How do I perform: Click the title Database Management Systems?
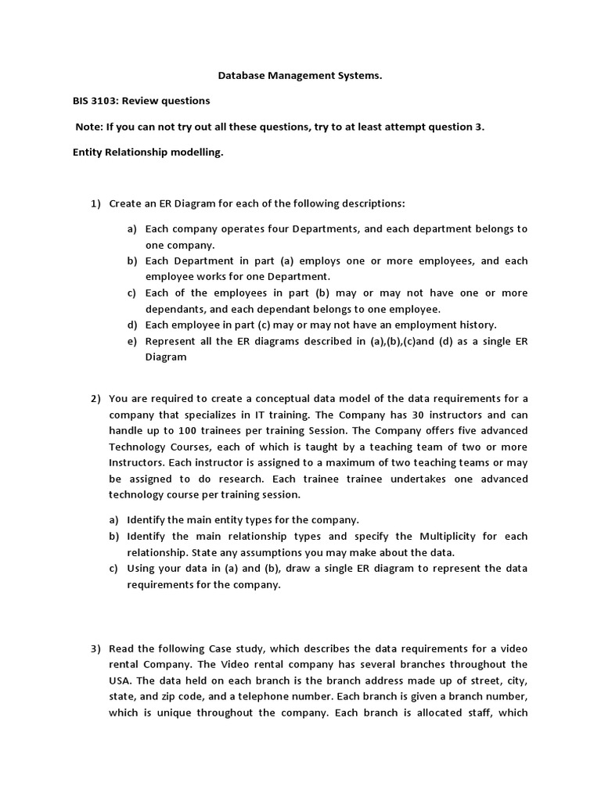[300, 77]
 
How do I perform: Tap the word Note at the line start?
[88, 127]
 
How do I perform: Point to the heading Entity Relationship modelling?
[147, 153]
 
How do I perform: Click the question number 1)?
[96, 203]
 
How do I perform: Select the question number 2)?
[96, 399]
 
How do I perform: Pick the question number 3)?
[96, 648]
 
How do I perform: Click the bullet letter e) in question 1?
[132, 340]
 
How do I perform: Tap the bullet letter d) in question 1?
[132, 324]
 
